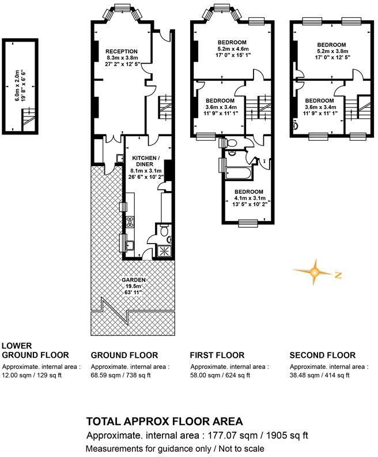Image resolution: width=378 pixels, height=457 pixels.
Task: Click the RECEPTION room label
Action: click(x=122, y=51)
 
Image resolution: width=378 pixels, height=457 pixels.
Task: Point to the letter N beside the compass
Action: click(x=338, y=275)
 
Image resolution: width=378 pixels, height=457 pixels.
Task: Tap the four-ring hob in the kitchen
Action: click(x=130, y=222)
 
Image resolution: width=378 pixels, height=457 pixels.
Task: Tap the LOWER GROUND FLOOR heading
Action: click(x=35, y=350)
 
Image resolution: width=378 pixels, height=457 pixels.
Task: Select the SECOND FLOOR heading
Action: click(x=322, y=355)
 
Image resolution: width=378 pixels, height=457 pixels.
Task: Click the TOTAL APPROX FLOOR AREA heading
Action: click(x=164, y=422)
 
